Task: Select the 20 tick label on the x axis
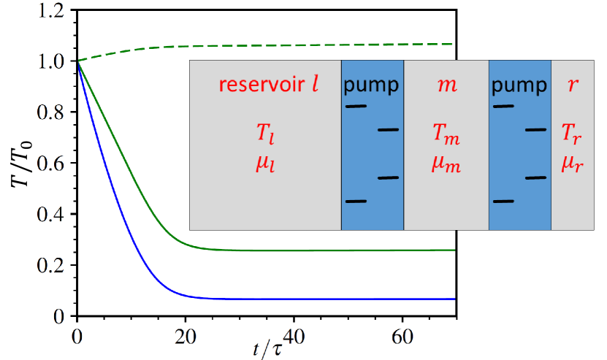click(x=186, y=339)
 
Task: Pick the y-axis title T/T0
click(x=16, y=157)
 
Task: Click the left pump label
click(x=372, y=85)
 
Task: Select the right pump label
click(x=519, y=85)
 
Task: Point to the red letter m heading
click(x=447, y=85)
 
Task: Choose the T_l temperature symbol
click(x=266, y=136)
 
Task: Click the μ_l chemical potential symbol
click(x=266, y=165)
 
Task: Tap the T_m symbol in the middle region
click(x=446, y=136)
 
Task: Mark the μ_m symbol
click(x=446, y=165)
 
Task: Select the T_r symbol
click(x=573, y=136)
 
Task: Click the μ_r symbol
click(x=573, y=165)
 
